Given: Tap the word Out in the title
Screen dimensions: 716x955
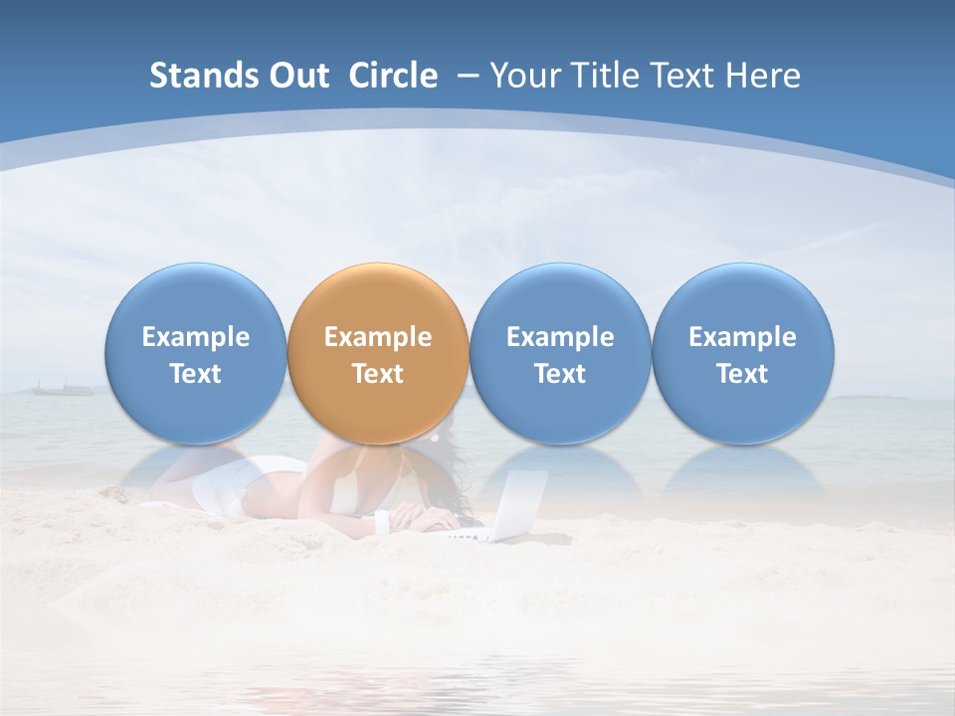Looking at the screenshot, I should tap(296, 76).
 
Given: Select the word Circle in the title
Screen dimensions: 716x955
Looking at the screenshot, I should tap(393, 76).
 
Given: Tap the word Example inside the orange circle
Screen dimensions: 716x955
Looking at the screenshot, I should tap(378, 337).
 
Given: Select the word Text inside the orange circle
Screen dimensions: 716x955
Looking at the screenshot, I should tap(378, 374).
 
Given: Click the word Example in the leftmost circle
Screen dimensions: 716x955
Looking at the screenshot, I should tap(196, 337).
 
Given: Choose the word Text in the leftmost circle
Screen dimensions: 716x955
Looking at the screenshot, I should tap(196, 374).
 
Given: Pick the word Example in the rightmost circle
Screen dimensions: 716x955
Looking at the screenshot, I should tap(742, 337).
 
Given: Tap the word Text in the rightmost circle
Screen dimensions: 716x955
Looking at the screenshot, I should tap(742, 374).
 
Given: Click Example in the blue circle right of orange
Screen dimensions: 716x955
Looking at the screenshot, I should tap(560, 337).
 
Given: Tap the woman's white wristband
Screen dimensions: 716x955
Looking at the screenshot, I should tap(381, 522).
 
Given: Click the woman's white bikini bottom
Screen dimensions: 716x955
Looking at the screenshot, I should tap(224, 487).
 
